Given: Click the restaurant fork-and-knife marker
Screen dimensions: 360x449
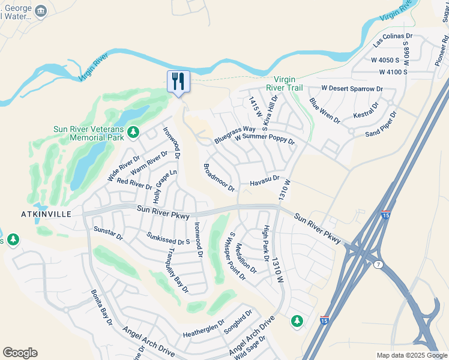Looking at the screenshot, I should pos(178,80).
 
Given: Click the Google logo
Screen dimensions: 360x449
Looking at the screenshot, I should pos(20,352).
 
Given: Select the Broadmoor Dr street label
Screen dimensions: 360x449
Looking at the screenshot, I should pos(219,178).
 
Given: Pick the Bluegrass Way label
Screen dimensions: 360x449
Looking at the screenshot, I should pos(235,134).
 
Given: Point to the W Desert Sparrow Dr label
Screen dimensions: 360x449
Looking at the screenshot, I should pos(352,88).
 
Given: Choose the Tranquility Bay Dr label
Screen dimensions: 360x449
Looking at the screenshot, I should pos(178,271).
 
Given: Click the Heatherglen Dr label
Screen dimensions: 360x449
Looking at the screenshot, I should pos(203,328).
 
